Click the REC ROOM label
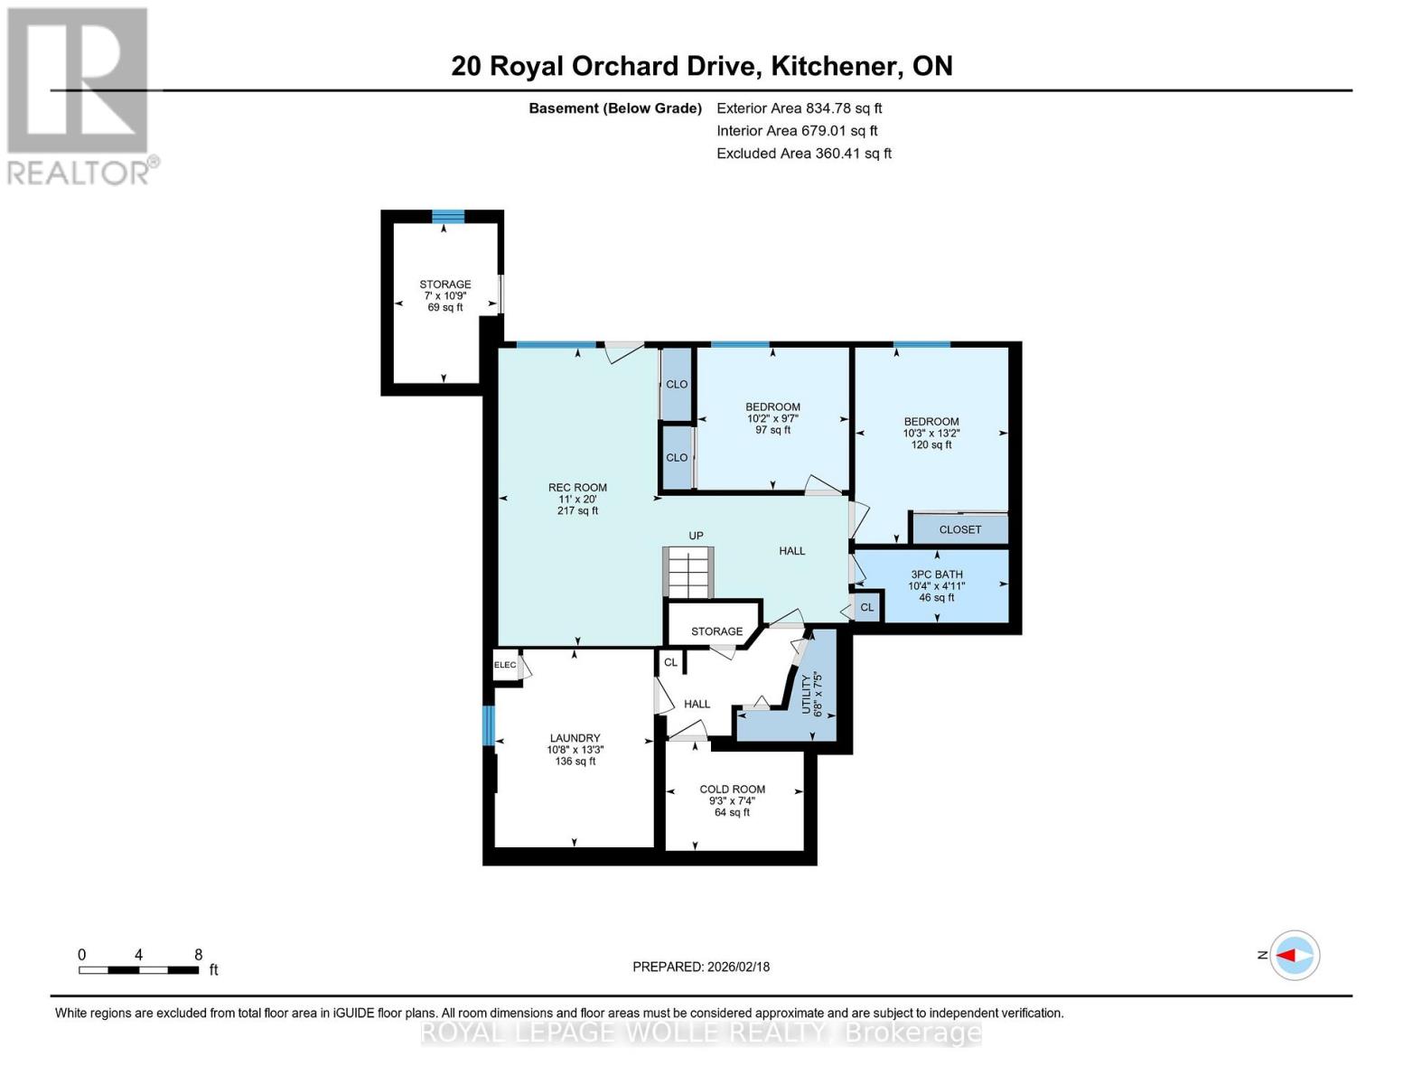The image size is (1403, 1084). (x=577, y=488)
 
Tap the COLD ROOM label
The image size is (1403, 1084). (x=732, y=789)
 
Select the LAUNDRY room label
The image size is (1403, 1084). (x=575, y=738)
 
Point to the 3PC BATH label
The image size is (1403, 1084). (x=936, y=574)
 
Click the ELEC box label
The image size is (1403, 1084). (x=505, y=665)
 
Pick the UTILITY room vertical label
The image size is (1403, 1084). (x=806, y=695)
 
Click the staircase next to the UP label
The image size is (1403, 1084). (x=688, y=573)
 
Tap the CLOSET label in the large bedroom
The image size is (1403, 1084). (x=960, y=529)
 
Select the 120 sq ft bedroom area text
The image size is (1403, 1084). (x=931, y=444)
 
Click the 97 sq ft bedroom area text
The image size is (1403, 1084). (x=772, y=430)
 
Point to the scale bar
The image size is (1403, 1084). (x=139, y=969)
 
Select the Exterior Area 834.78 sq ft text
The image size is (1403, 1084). (x=800, y=108)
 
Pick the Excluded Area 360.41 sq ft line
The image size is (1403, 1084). (x=804, y=154)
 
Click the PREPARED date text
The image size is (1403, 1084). (x=701, y=967)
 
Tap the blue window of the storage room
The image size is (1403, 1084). (x=448, y=216)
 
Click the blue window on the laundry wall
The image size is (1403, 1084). (x=489, y=725)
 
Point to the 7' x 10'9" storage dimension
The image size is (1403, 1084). (x=444, y=295)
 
